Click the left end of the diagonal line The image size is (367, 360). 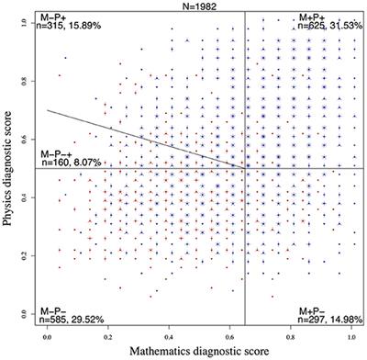[49, 110]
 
